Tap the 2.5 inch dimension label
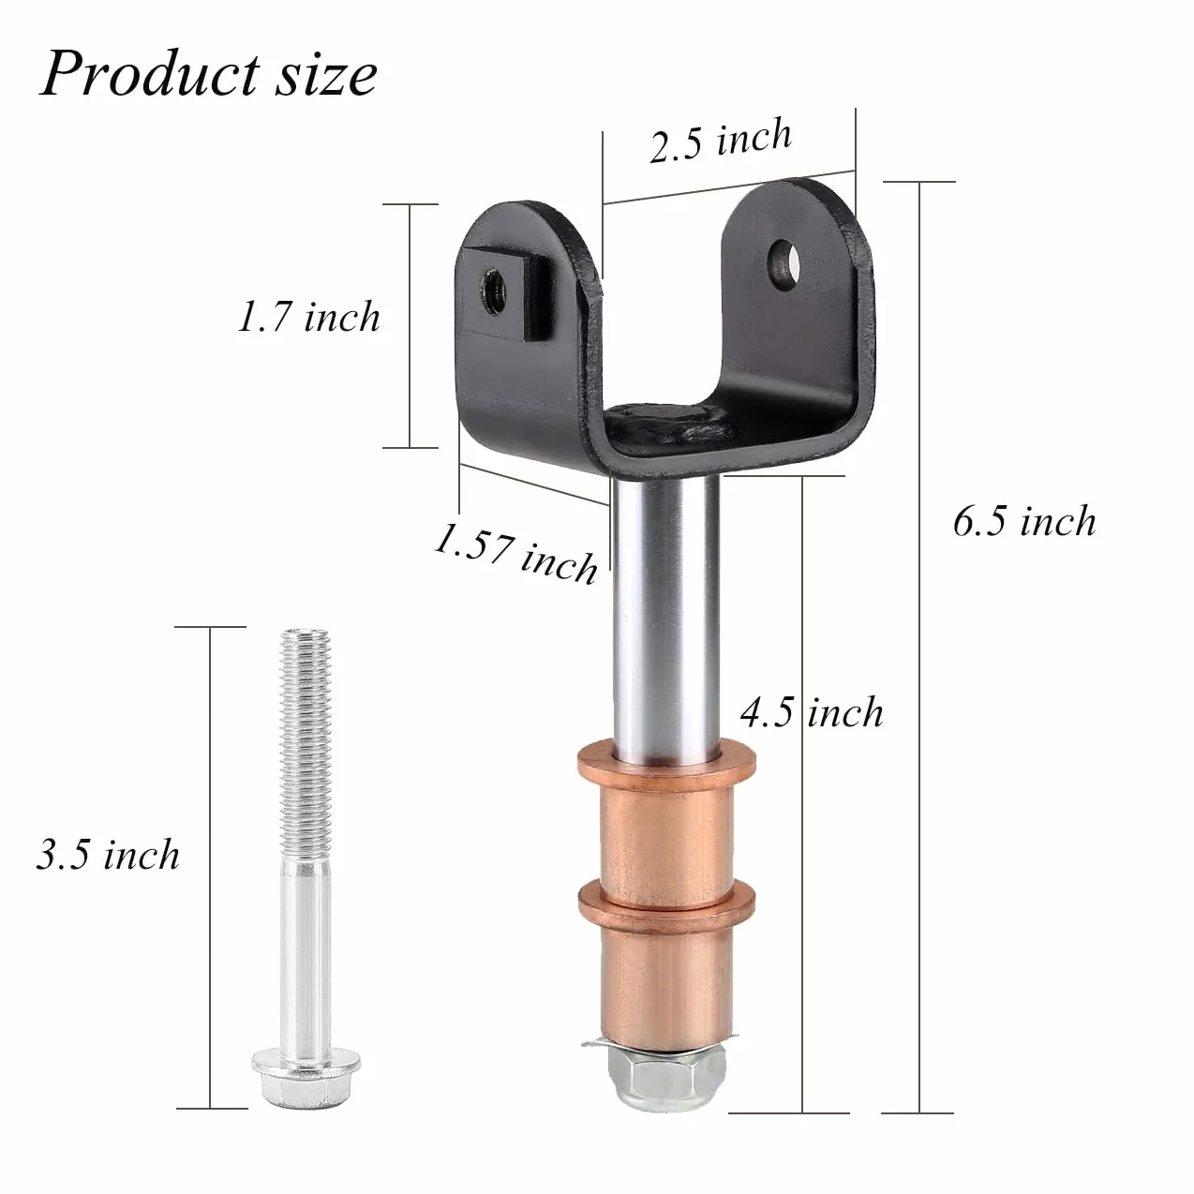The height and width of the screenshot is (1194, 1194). (x=721, y=142)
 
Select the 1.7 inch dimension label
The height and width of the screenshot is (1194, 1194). (x=308, y=317)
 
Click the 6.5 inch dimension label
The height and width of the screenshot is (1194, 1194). (x=1024, y=520)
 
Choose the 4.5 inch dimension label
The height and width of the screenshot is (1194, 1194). (x=812, y=711)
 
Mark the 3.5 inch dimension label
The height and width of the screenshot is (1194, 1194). (x=108, y=855)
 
